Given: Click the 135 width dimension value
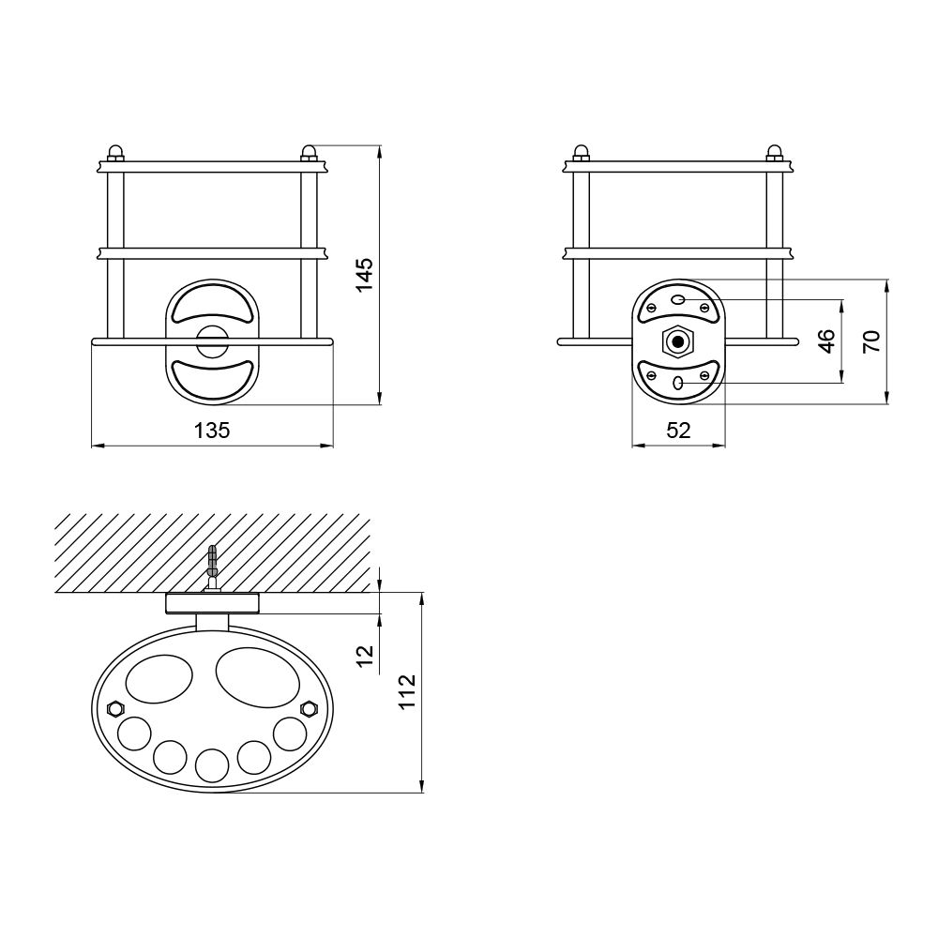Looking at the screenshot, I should coord(212,431).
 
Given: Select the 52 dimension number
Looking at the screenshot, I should coord(678,431).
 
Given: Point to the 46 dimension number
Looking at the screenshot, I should coord(826,341).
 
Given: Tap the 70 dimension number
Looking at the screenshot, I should coord(871,341).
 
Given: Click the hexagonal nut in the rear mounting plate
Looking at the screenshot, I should coord(677,341).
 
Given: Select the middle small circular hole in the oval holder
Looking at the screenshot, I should coord(211,764).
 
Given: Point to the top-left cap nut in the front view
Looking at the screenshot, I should coord(115,152).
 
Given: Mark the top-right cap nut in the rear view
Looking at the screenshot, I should coord(774,152).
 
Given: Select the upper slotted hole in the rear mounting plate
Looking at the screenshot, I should coord(677,300).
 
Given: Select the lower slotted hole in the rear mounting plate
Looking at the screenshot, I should coord(677,383).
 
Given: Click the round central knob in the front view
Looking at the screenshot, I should coord(211,340).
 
